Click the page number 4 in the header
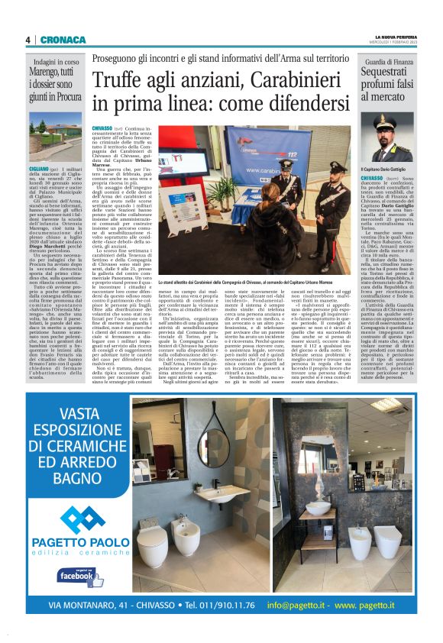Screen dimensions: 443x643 pos(27,40)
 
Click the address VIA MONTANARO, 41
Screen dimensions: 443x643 pos(99,605)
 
